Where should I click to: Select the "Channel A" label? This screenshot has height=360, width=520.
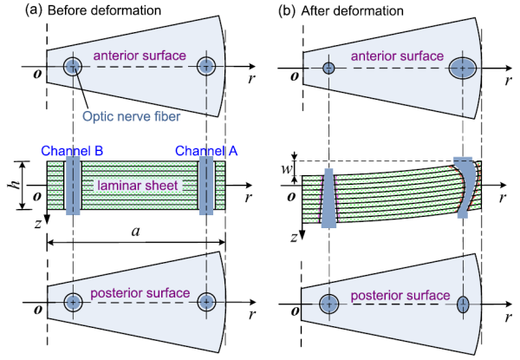205,150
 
